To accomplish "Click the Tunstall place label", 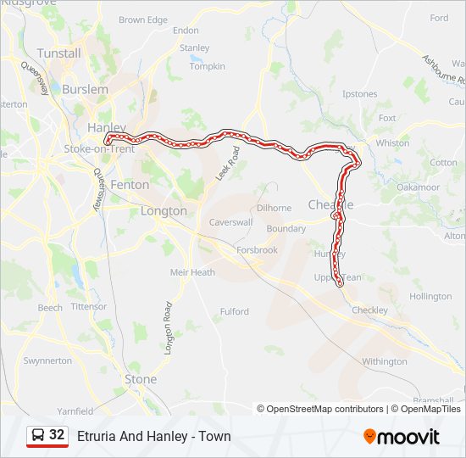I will (58, 53).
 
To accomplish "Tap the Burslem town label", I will (85, 89).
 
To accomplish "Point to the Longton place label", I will (164, 210).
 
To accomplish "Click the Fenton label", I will (130, 184).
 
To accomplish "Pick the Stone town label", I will (140, 379).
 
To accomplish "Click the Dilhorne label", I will (274, 207).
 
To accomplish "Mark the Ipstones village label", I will (360, 94).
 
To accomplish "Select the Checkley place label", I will (369, 310).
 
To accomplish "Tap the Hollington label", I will (430, 297).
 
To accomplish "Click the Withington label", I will (385, 361).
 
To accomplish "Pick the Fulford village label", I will (234, 311).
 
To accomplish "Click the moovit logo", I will (402, 437).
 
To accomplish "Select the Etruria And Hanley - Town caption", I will (153, 437).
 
